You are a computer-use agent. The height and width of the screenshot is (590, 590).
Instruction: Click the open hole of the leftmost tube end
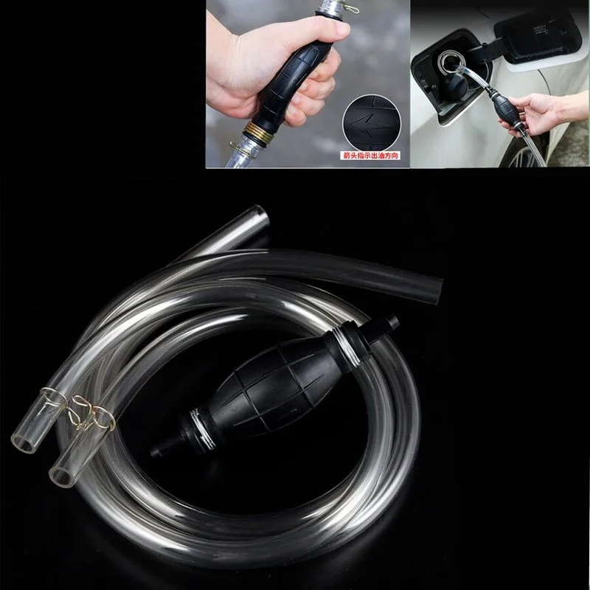point(21,443)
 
